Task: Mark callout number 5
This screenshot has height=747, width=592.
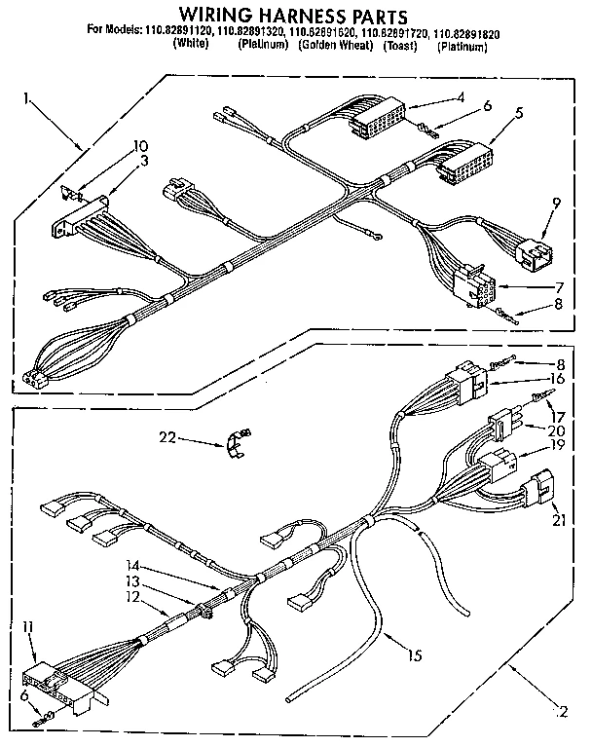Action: coord(520,113)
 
